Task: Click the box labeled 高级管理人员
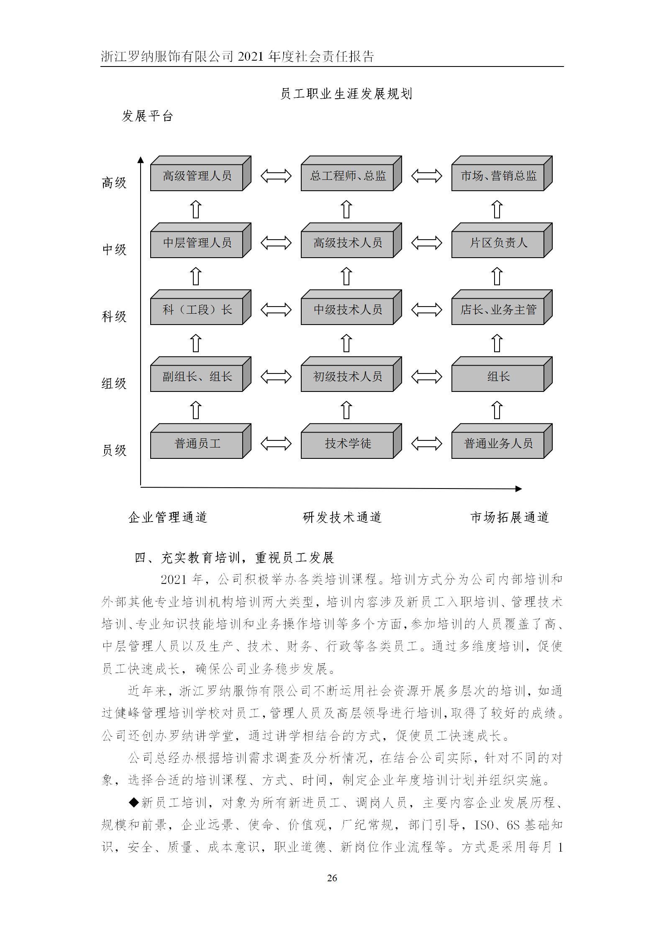coord(197,176)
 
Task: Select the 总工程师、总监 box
coord(347,176)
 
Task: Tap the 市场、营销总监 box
coord(498,176)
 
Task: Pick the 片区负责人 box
coord(498,243)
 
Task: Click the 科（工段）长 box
coord(197,310)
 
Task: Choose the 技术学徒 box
coord(347,444)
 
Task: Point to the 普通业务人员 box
coord(498,444)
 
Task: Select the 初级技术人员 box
coord(347,377)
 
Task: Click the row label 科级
coord(114,317)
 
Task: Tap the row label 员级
coord(114,450)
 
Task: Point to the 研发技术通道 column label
coord(342,517)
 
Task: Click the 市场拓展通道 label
coord(509,517)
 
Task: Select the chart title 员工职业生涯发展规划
coord(346,94)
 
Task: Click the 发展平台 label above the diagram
coord(147,116)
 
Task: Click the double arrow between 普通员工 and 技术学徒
coord(276,443)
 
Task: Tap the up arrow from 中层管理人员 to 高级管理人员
coord(196,209)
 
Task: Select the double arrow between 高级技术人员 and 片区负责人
coord(426,243)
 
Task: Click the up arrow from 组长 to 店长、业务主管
coord(497,343)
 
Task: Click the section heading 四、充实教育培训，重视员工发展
coord(234,558)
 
